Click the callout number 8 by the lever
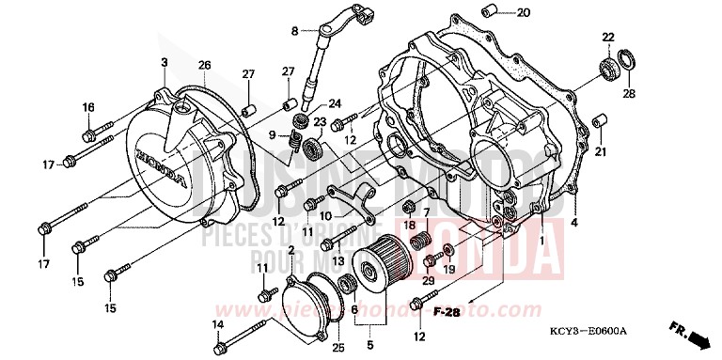coord(293,31)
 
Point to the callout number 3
coord(164,62)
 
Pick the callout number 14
coord(217,325)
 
